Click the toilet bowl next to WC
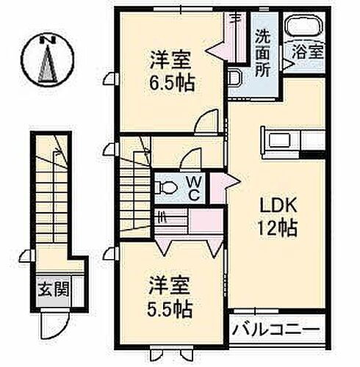click(x=166, y=188)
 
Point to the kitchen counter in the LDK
click(x=289, y=139)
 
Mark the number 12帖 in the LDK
click(x=277, y=228)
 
